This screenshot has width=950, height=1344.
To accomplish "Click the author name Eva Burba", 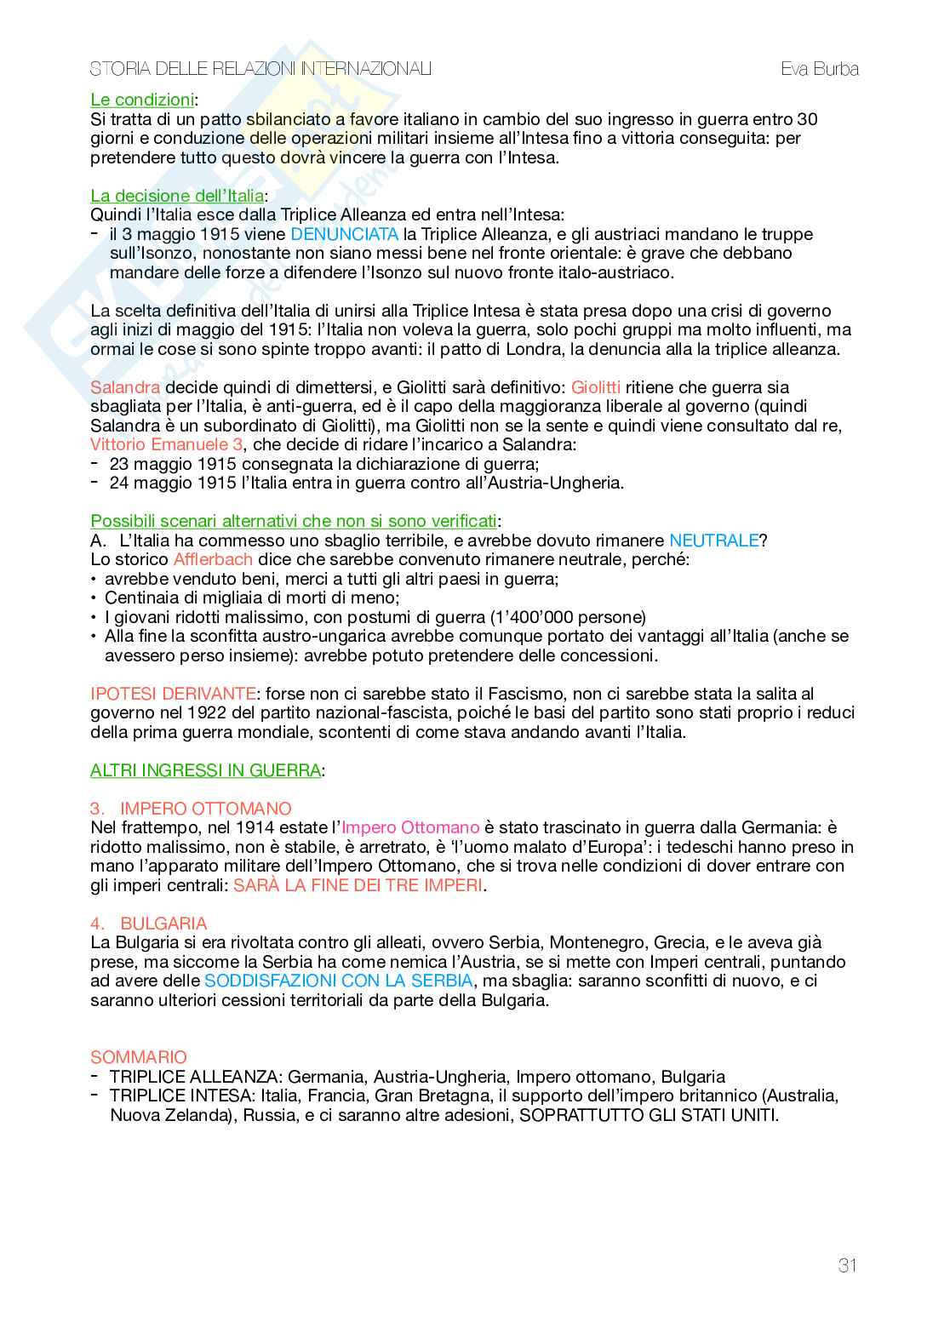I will coord(819,69).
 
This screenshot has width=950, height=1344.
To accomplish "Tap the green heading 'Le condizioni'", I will coord(142,100).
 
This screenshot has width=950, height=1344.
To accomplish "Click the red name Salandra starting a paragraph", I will coord(125,387).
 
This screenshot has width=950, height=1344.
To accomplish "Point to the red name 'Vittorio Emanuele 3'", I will coord(167,445).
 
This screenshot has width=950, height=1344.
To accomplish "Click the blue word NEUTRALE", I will coord(713,540).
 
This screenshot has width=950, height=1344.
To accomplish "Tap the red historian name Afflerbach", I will coord(213,560).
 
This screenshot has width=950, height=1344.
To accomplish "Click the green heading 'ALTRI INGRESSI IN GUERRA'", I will coord(205,771).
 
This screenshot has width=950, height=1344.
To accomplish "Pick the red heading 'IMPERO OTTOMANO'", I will coord(205,809).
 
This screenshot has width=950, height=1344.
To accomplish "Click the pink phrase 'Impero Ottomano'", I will coord(411,827).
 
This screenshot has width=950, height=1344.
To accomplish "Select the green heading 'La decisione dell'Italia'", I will coord(177,196).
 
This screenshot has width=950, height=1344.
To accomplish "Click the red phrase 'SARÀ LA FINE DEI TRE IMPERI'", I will coord(358,885).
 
